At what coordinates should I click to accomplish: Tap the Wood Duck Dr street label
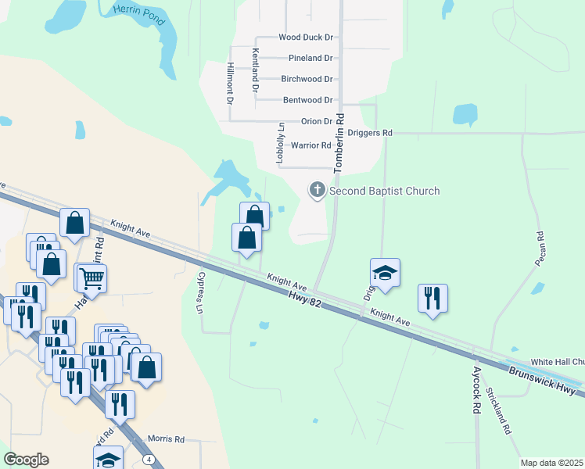point(306,37)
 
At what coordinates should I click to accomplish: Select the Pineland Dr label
point(310,58)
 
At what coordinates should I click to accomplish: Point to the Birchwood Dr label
point(307,79)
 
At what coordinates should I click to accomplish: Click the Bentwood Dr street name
point(308,100)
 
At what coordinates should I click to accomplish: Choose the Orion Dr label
point(317,122)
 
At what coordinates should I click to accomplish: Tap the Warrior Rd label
point(310,145)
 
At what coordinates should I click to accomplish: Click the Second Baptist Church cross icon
point(318,190)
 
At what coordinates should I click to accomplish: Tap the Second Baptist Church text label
point(385,191)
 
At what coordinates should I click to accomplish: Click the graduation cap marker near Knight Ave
point(385,274)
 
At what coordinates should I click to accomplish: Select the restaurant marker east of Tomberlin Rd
point(432,299)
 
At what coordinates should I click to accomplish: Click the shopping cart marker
point(92,278)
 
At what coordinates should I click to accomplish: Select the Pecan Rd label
point(540,248)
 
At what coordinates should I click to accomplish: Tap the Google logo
point(26,460)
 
